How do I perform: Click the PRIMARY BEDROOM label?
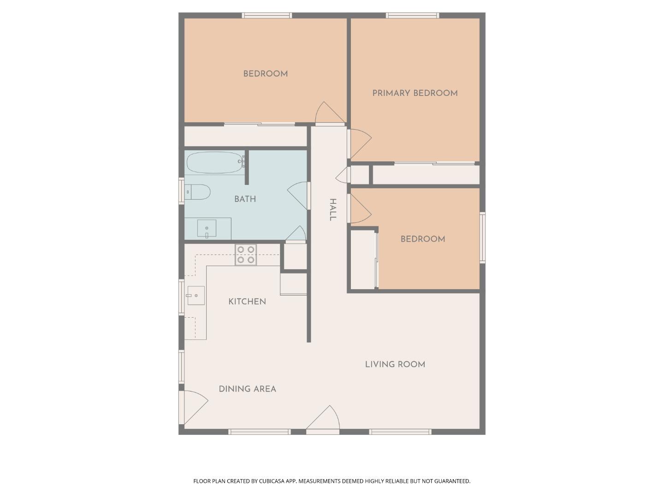415,93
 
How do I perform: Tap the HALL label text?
332,210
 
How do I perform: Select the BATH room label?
245,199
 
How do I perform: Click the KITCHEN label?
247,302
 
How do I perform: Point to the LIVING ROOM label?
395,364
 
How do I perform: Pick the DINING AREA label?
247,389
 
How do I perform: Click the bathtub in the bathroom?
215,162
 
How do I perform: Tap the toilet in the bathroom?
198,192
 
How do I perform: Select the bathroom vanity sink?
207,228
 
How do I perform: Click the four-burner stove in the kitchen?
246,255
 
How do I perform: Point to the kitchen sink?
196,296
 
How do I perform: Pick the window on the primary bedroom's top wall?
412,15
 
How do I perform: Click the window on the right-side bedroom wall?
482,237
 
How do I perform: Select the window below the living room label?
400,432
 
